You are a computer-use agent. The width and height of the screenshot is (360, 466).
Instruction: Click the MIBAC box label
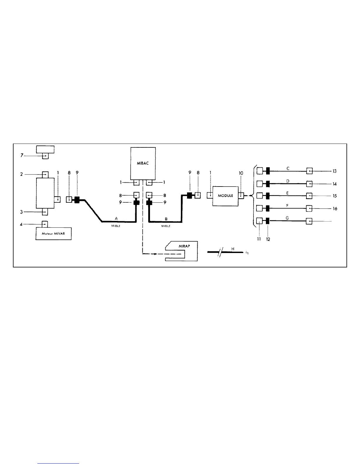coord(143,164)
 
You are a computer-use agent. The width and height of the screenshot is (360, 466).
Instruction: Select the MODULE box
coord(225,196)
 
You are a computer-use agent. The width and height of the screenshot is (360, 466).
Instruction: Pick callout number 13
coord(334,171)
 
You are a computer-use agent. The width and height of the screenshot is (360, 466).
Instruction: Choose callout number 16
coord(335,209)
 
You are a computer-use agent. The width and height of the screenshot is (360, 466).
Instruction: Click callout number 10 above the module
coord(241,173)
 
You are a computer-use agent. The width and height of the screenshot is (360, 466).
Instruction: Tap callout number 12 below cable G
coord(268,239)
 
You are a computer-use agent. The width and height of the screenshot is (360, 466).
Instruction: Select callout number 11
coord(259,239)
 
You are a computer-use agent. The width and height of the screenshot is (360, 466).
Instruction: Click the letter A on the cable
coord(116,218)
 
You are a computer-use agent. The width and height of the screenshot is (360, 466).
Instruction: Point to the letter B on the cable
coord(166,219)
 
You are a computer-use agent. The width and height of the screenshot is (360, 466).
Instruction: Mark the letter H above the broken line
coord(232,249)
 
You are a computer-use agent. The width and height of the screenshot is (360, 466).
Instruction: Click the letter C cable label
coord(288,169)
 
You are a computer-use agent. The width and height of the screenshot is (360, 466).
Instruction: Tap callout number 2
coord(21,174)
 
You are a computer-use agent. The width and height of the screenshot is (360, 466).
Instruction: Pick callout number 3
coord(21,212)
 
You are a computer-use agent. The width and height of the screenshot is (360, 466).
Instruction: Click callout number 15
coord(335,196)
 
